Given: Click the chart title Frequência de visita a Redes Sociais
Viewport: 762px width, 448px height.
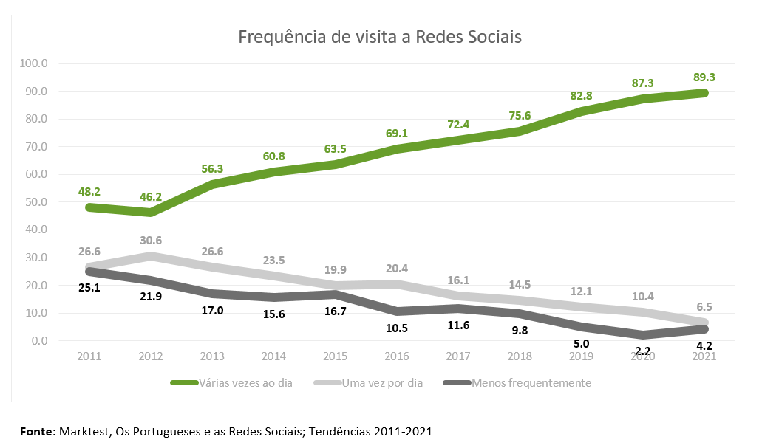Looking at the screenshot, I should (x=380, y=37).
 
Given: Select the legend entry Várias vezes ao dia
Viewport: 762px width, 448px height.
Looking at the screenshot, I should (x=245, y=383).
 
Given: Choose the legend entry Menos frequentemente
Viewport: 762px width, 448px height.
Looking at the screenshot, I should (x=531, y=383).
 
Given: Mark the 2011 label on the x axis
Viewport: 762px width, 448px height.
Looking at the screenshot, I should (x=88, y=356).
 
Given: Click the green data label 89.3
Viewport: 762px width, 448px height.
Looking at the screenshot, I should (x=703, y=77).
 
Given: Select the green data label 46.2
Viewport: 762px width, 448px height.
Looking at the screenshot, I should (x=151, y=198).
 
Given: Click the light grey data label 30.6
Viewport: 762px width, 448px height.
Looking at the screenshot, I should (x=151, y=241).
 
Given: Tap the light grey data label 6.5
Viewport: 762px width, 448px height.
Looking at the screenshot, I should (x=703, y=306).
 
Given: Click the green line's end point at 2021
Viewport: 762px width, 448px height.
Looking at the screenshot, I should (x=704, y=93).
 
